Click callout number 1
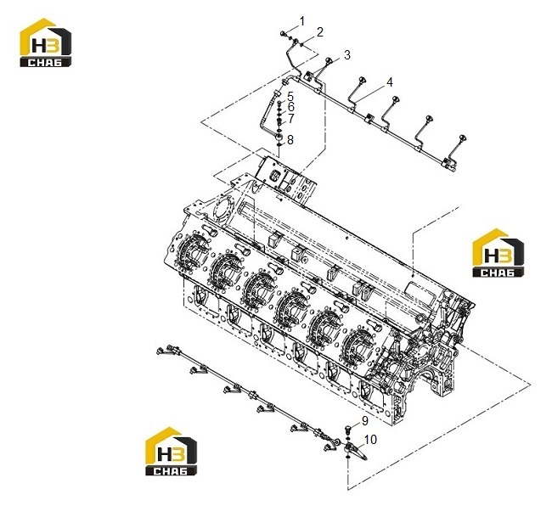coord(302,21)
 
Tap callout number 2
coord(319,32)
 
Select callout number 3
coord(347,55)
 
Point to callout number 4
coord(389,82)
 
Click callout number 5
coord(290,96)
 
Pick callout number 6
coord(290,107)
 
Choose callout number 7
coord(290,119)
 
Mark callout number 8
coord(290,140)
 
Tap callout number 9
coord(364,421)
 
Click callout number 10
coord(370,440)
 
